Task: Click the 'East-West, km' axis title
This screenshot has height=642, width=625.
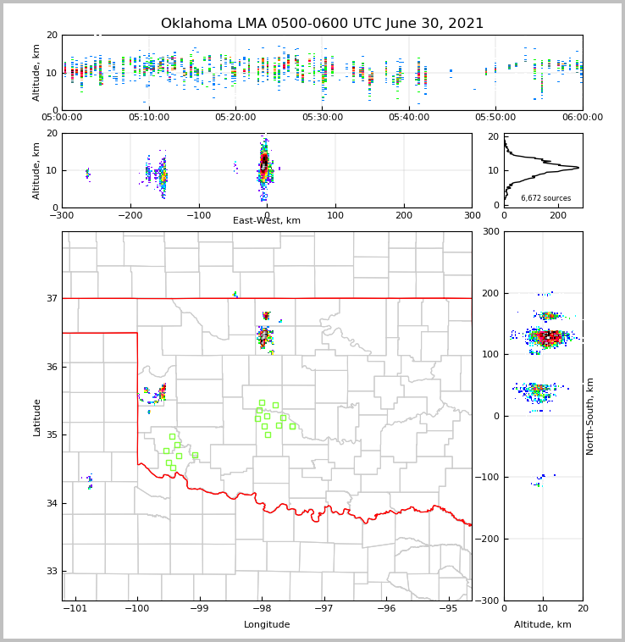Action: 267,221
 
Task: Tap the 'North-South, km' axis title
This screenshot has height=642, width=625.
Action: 590,416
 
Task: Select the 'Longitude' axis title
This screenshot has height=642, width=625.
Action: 267,625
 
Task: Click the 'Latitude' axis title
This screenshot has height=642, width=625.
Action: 36,417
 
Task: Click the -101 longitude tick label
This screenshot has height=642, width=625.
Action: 75,608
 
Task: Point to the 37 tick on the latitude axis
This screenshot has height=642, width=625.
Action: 52,298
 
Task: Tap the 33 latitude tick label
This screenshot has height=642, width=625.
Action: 52,571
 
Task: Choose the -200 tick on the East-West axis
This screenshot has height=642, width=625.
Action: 130,215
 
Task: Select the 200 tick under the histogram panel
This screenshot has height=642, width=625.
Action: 558,215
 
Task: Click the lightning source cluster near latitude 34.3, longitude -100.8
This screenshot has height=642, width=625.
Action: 89,482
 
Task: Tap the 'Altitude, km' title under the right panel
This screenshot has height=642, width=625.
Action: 543,625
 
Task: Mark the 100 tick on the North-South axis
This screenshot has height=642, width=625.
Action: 490,354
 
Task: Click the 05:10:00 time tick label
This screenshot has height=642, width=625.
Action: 148,117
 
